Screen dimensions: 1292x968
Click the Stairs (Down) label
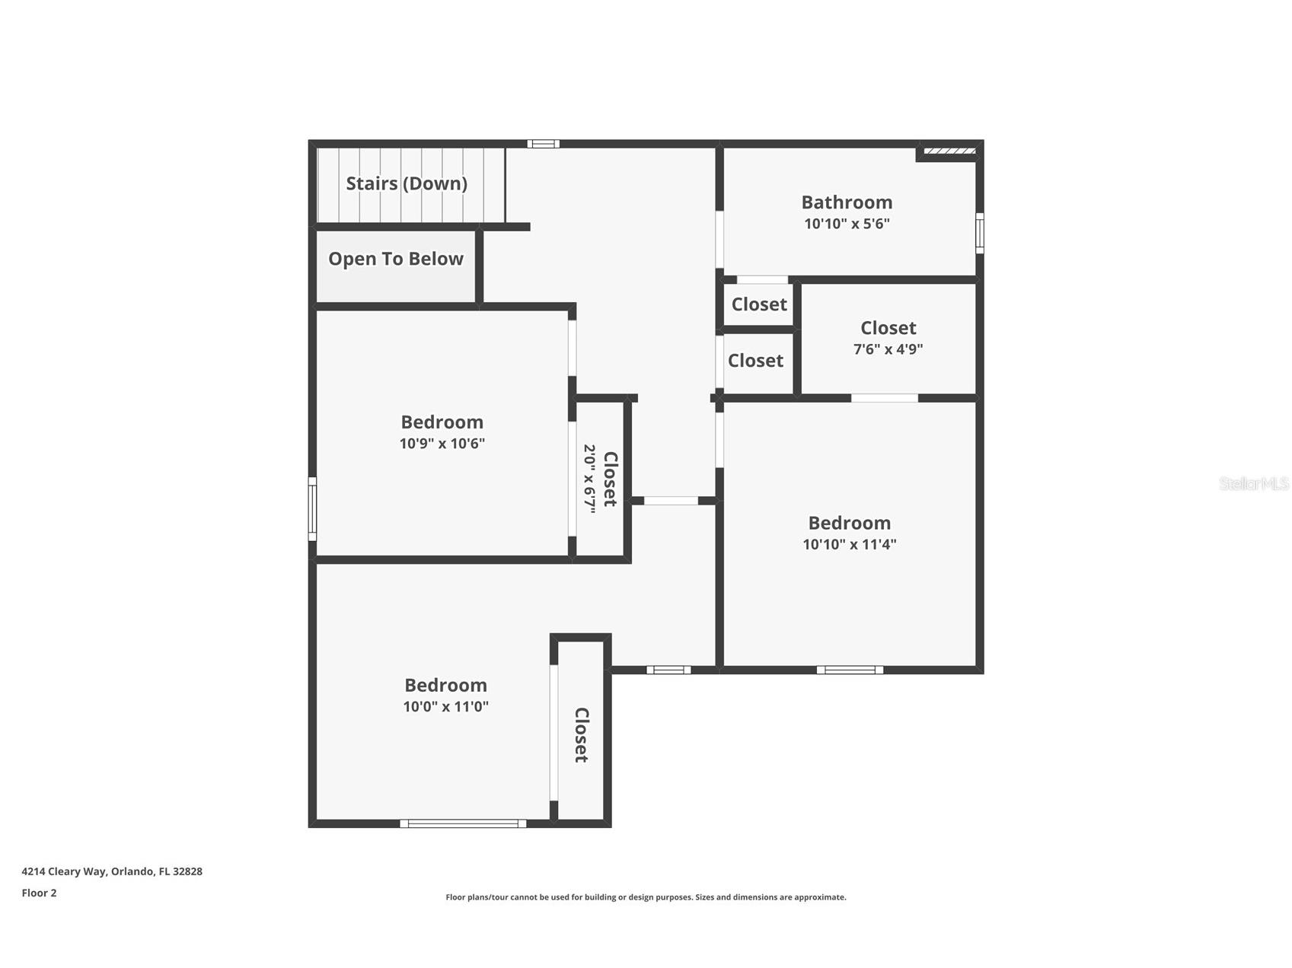coord(407,183)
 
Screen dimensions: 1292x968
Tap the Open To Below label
coord(396,259)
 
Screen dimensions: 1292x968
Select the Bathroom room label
coord(847,202)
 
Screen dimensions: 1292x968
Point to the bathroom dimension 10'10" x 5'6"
coord(847,224)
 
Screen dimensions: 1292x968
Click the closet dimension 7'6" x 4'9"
coord(888,349)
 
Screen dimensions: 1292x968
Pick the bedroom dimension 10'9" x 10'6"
coord(442,444)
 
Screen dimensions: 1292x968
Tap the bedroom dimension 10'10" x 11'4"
coord(850,544)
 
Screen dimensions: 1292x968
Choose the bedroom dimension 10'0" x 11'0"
coord(445,706)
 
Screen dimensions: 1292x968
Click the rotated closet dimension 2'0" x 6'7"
coord(589,479)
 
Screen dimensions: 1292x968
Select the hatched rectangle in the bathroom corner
coord(949,151)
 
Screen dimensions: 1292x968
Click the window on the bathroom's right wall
coord(980,234)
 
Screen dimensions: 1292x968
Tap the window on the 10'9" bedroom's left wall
coord(312,509)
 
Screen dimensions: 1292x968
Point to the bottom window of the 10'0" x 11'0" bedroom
coord(463,823)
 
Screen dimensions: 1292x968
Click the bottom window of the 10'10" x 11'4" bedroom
coord(850,670)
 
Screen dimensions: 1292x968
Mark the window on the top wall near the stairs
coord(544,144)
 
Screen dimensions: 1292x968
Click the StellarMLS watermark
coord(1254,483)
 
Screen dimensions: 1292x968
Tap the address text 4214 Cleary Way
coord(64,871)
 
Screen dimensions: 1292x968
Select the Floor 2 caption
coord(39,893)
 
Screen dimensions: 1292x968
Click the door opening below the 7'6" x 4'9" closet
coord(885,398)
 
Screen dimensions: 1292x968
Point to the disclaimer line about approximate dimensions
coord(646,897)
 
